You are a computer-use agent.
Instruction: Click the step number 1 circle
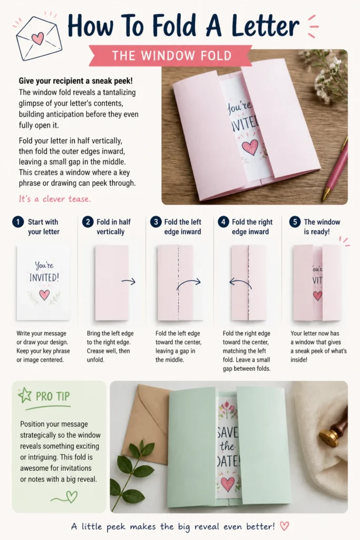click(18, 222)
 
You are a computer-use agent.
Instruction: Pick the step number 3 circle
click(156, 222)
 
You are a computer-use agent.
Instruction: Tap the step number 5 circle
click(295, 222)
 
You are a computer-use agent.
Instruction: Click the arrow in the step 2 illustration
click(129, 282)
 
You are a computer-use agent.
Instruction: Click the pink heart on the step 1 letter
click(44, 295)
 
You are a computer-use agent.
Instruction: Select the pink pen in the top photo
click(336, 168)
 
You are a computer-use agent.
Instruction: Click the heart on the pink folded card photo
click(250, 147)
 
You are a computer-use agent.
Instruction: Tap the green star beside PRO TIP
click(25, 396)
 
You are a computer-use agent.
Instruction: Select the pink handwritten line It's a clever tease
click(55, 199)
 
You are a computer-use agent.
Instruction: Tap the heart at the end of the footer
click(284, 526)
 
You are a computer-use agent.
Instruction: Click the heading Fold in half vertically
click(113, 227)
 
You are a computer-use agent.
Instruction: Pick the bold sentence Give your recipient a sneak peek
click(76, 81)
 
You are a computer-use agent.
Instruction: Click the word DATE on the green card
click(228, 461)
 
